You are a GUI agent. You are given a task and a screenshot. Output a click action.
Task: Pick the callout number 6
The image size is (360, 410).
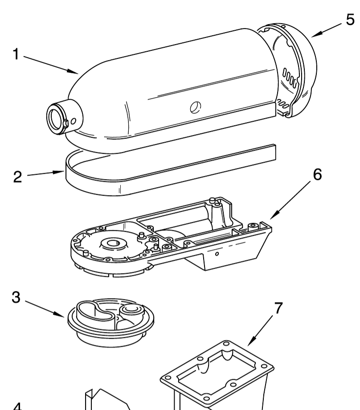pos(317,175)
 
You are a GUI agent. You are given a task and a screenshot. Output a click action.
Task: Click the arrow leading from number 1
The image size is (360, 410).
pos(52,64)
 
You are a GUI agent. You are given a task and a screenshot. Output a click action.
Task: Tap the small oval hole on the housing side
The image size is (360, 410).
pos(195,107)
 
